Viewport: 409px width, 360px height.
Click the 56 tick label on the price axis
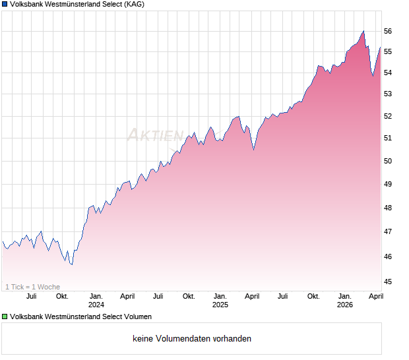pyautogui.click(x=388, y=31)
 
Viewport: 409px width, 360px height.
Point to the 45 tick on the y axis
pyautogui.click(x=388, y=282)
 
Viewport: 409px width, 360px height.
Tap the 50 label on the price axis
pyautogui.click(x=388, y=161)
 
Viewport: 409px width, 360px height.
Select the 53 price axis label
pyautogui.click(x=388, y=94)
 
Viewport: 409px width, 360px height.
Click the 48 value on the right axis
pyautogui.click(x=388, y=208)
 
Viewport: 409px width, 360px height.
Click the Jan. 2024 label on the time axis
pyautogui.click(x=96, y=301)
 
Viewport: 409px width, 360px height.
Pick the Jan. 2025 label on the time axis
pyautogui.click(x=220, y=301)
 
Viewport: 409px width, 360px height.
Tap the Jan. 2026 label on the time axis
pyautogui.click(x=345, y=301)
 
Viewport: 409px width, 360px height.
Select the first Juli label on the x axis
pyautogui.click(x=31, y=296)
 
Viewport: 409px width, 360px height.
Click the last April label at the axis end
pyautogui.click(x=375, y=296)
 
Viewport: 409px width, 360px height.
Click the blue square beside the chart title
pyautogui.click(x=5, y=4)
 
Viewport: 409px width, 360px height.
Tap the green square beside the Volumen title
pyautogui.click(x=5, y=316)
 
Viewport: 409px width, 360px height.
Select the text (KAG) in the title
pyautogui.click(x=134, y=4)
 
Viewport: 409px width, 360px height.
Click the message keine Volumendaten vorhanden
pyautogui.click(x=191, y=339)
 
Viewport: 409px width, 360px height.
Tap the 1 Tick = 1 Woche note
pyautogui.click(x=33, y=287)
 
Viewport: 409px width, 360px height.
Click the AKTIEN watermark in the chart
pyautogui.click(x=155, y=135)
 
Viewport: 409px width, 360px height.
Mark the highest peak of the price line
pyautogui.click(x=363, y=30)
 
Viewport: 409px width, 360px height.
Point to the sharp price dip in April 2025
pyautogui.click(x=254, y=150)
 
